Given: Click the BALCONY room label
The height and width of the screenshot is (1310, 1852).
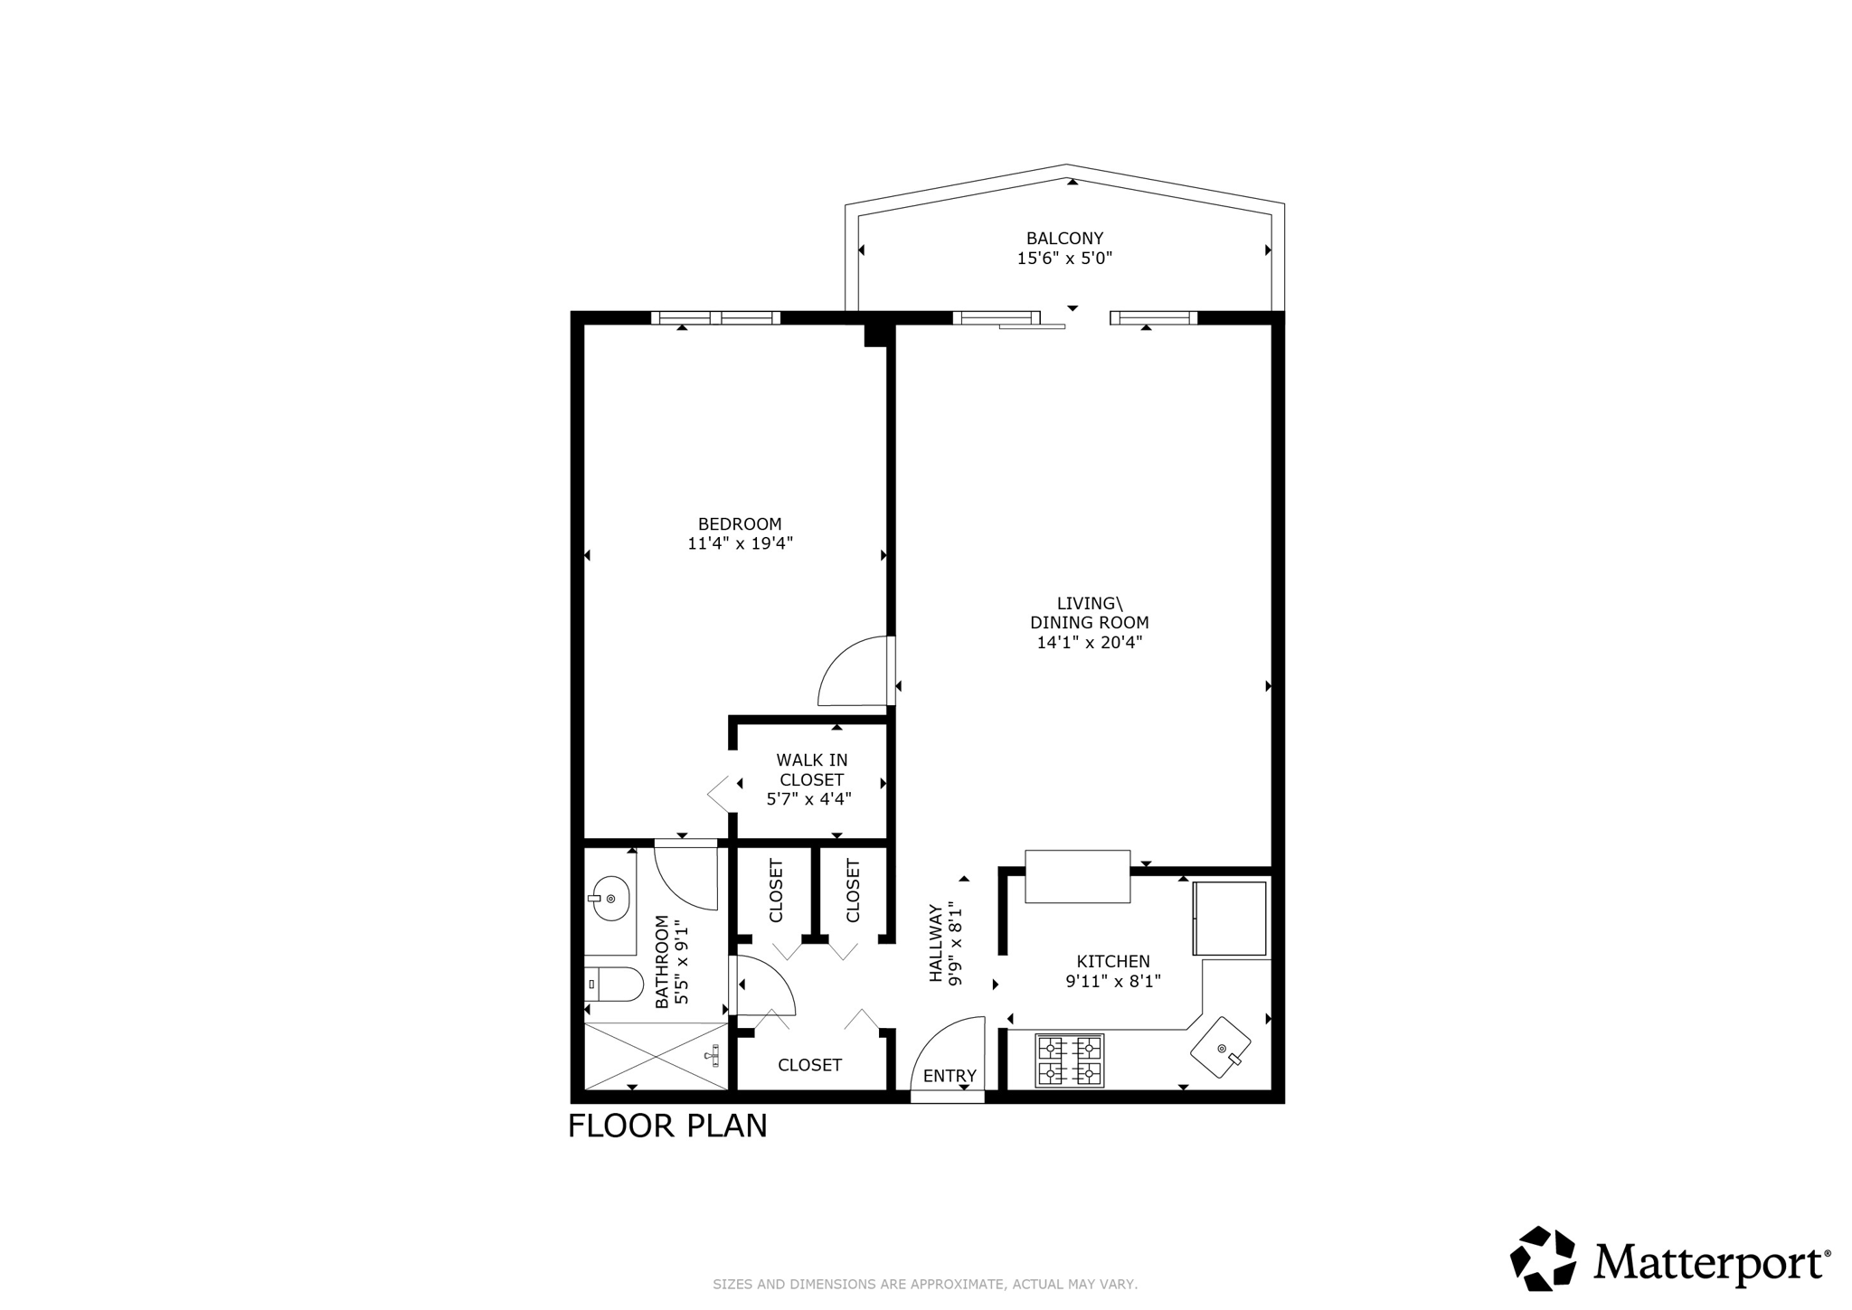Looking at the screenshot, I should pyautogui.click(x=1064, y=239).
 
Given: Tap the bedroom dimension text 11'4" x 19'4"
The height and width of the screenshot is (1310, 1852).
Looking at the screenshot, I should pyautogui.click(x=740, y=543).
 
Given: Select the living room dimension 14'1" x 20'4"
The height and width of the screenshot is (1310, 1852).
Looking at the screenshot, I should pyautogui.click(x=1089, y=643).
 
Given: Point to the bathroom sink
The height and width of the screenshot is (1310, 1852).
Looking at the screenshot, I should pyautogui.click(x=611, y=899).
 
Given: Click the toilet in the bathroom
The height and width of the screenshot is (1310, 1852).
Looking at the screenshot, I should pyautogui.click(x=615, y=984).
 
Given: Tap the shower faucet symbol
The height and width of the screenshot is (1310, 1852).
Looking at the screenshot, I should pyautogui.click(x=713, y=1054).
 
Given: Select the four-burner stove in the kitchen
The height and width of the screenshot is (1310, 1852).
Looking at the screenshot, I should pyautogui.click(x=1069, y=1060).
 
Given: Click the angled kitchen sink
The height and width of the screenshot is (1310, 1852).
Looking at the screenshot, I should pyautogui.click(x=1221, y=1047).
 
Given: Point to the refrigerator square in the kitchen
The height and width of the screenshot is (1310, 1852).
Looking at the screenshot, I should pyautogui.click(x=1230, y=918).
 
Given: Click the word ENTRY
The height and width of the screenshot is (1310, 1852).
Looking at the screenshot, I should pyautogui.click(x=950, y=1076).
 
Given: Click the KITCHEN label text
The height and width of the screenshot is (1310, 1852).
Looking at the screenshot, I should pyautogui.click(x=1113, y=962).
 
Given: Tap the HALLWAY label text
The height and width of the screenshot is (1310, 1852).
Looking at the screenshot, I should pyautogui.click(x=936, y=943).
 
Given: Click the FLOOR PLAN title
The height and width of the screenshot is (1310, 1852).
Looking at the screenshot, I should pyautogui.click(x=667, y=1126).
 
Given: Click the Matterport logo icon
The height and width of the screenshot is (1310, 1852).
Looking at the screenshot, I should pyautogui.click(x=1543, y=1258).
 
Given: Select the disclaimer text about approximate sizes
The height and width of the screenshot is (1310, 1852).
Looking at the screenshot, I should pyautogui.click(x=925, y=1285).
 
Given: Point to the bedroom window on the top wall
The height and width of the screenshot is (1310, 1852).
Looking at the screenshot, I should pyautogui.click(x=715, y=317).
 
